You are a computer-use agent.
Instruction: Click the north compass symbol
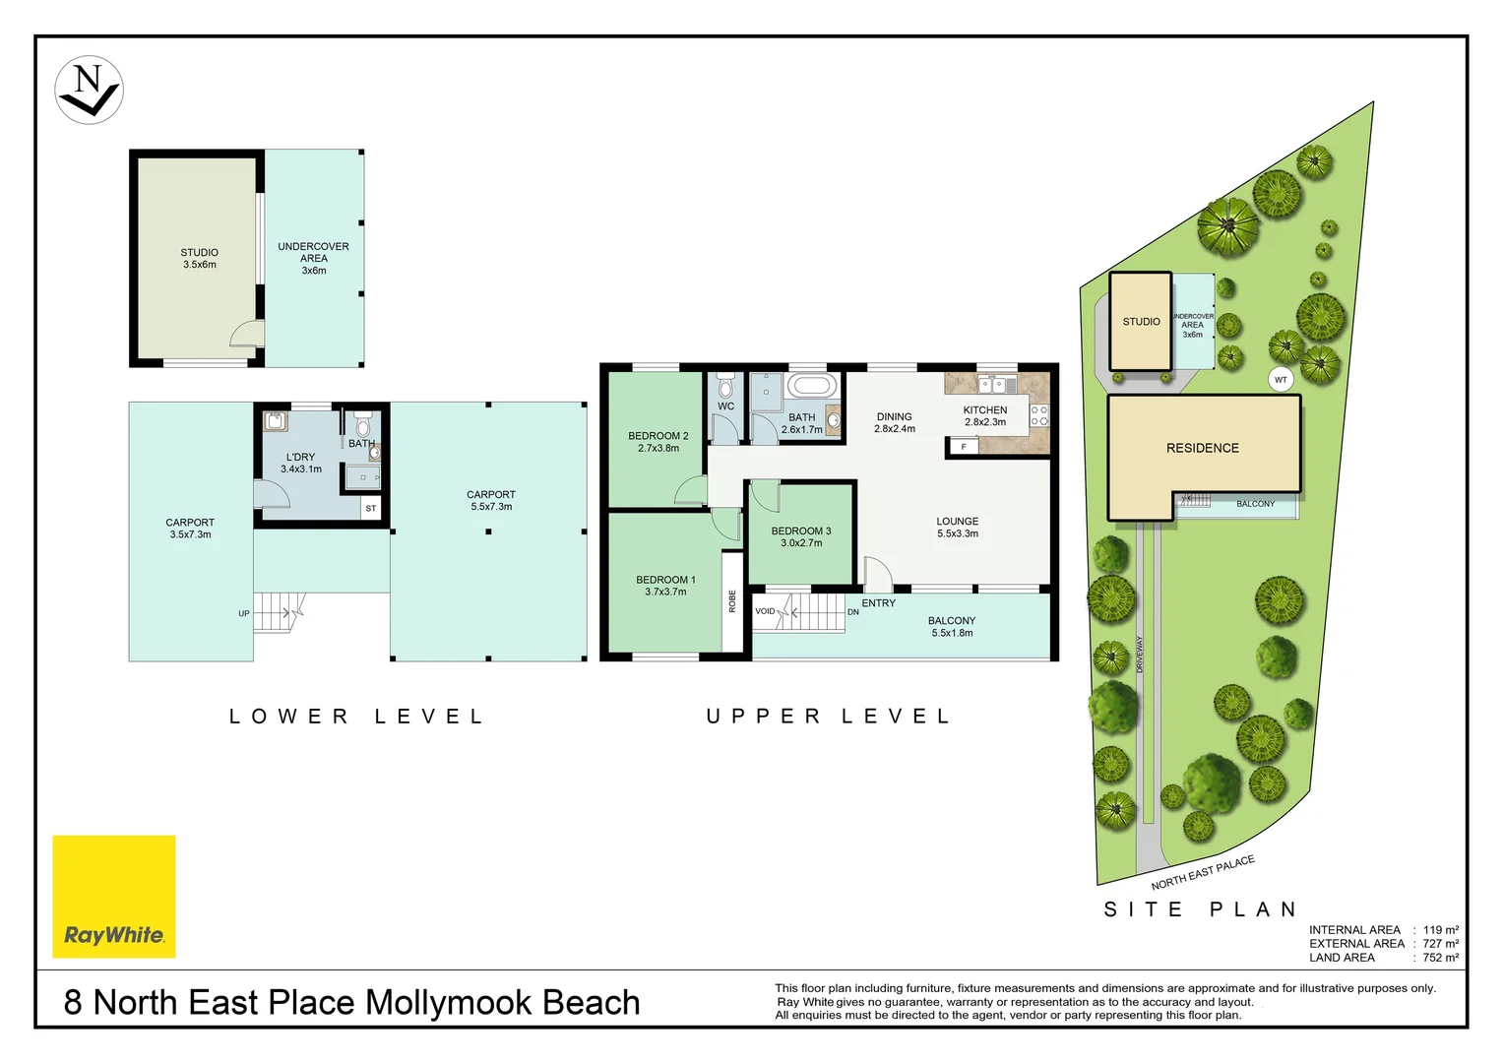[x=89, y=90]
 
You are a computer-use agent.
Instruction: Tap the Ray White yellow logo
[x=114, y=897]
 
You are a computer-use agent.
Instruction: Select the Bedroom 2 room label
[x=658, y=442]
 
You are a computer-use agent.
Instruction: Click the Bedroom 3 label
[x=801, y=536]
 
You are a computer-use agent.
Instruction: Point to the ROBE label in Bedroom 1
[x=732, y=601]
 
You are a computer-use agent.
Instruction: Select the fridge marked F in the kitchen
[x=964, y=447]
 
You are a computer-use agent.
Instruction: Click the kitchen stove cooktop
[x=1039, y=415]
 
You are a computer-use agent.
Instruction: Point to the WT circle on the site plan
[x=1281, y=380]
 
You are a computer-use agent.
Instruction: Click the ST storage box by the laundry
[x=371, y=509]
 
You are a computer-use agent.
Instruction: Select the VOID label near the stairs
[x=765, y=611]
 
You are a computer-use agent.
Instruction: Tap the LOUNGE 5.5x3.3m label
[x=958, y=528]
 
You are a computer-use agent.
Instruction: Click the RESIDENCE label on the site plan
[x=1203, y=448]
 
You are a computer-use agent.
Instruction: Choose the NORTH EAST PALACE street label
[x=1203, y=872]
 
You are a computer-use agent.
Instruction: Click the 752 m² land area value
[x=1440, y=957]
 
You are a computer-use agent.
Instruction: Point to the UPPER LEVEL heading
[x=829, y=717]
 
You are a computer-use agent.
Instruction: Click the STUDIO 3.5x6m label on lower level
[x=199, y=259]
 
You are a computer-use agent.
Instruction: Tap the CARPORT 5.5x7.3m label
[x=491, y=501]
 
